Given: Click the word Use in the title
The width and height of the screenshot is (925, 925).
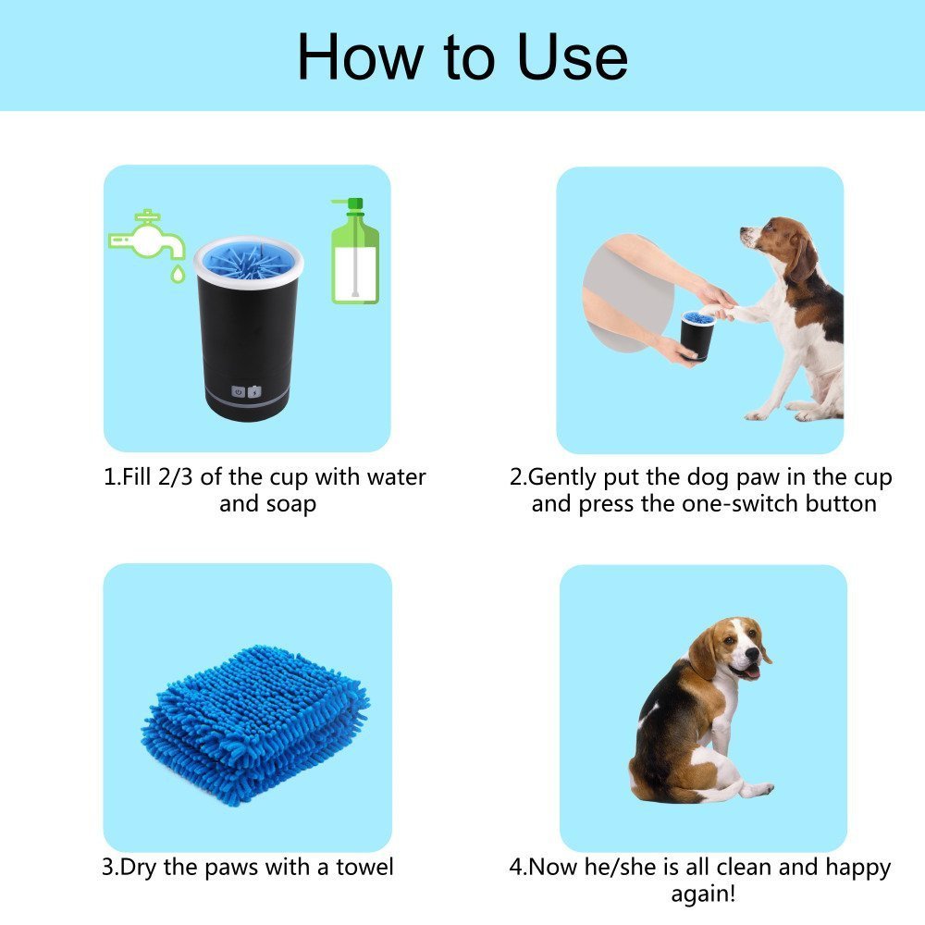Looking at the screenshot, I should click(573, 57).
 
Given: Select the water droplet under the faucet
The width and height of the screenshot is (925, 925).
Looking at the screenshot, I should click(175, 274).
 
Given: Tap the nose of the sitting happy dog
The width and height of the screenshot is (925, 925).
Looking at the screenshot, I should click(765, 653).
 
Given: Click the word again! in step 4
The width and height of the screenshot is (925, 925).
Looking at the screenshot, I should click(704, 895).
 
